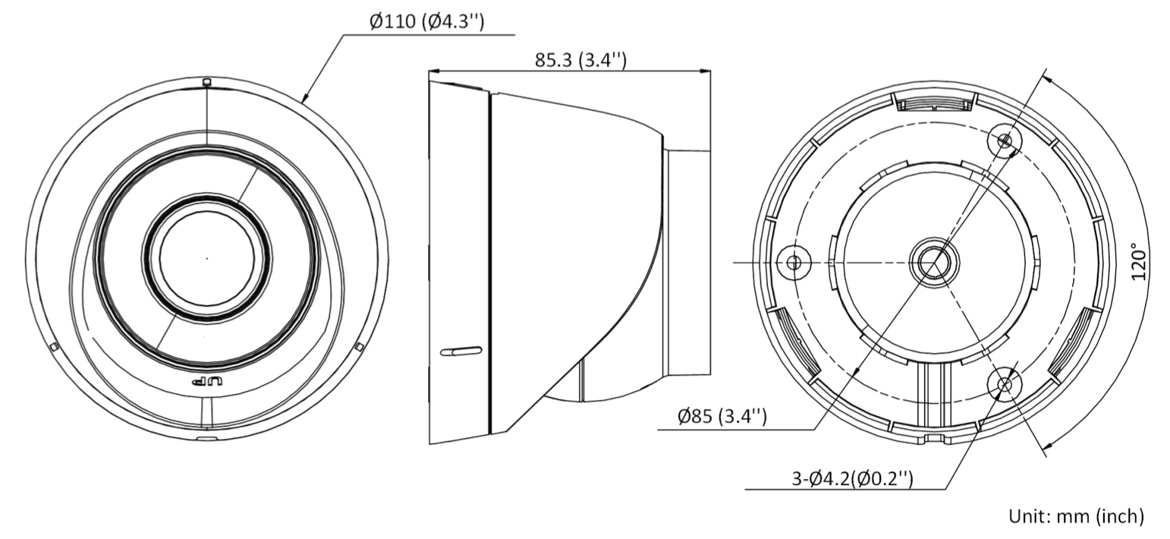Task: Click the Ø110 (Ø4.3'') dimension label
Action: [x=426, y=21]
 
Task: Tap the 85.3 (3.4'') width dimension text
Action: [x=580, y=60]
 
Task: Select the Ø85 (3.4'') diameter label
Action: [x=722, y=417]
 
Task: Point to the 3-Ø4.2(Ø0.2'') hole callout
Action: [x=852, y=478]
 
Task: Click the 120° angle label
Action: [x=1140, y=261]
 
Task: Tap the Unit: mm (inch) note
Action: [x=1077, y=516]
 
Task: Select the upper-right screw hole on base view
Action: [x=1004, y=140]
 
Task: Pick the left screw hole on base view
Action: [x=794, y=262]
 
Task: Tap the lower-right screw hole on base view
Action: [x=1004, y=383]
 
